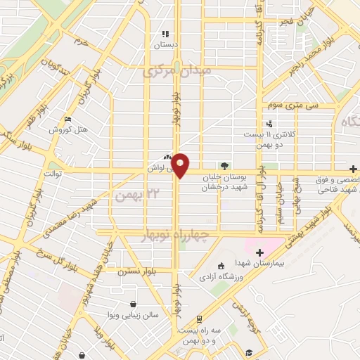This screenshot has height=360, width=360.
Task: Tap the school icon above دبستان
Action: pyautogui.click(x=165, y=33)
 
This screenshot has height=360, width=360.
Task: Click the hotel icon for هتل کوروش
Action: pyautogui.click(x=67, y=120)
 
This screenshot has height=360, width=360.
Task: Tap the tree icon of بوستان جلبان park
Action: pyautogui.click(x=224, y=167)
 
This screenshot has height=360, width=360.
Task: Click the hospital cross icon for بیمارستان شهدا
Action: pyautogui.click(x=259, y=252)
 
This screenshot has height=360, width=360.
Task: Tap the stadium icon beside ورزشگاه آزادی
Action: pyautogui.click(x=221, y=266)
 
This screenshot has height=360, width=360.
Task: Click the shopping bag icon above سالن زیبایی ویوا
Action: pyautogui.click(x=133, y=304)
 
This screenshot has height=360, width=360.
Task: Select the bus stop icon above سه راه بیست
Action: pyautogui.click(x=200, y=319)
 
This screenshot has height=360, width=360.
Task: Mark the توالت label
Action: pyautogui.click(x=53, y=173)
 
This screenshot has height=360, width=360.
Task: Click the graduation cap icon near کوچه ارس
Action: pyautogui.click(x=250, y=352)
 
